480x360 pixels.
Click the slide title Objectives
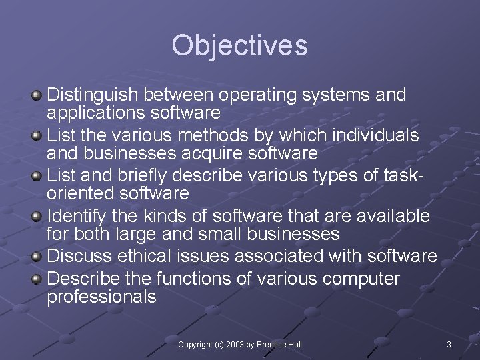(239, 45)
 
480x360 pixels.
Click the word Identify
(78, 216)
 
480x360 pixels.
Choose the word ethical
(145, 256)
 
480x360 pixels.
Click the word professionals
(101, 297)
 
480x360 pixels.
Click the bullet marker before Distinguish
(37, 96)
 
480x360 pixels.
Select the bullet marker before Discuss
(37, 257)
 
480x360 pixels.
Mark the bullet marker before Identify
(37, 217)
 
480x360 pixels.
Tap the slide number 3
(449, 344)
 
